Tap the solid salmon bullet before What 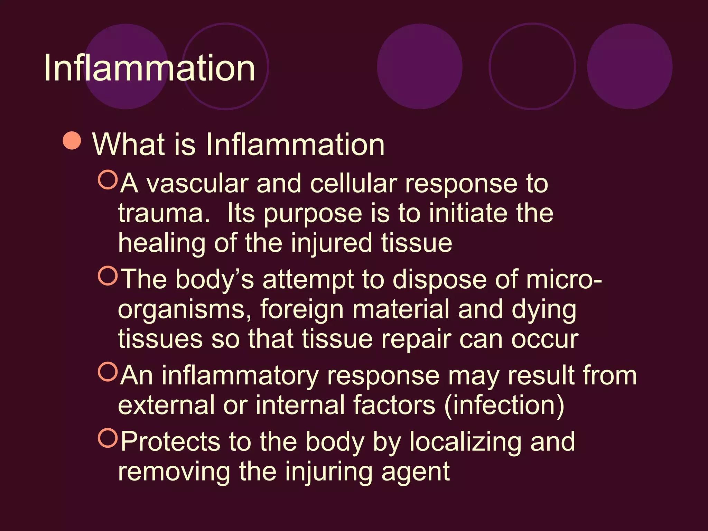(72, 141)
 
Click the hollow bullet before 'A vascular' (108, 180)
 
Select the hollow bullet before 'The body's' (108, 276)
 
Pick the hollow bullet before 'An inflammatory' (108, 372)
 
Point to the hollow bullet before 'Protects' (108, 438)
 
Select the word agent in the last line (415, 472)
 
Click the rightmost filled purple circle (630, 66)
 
